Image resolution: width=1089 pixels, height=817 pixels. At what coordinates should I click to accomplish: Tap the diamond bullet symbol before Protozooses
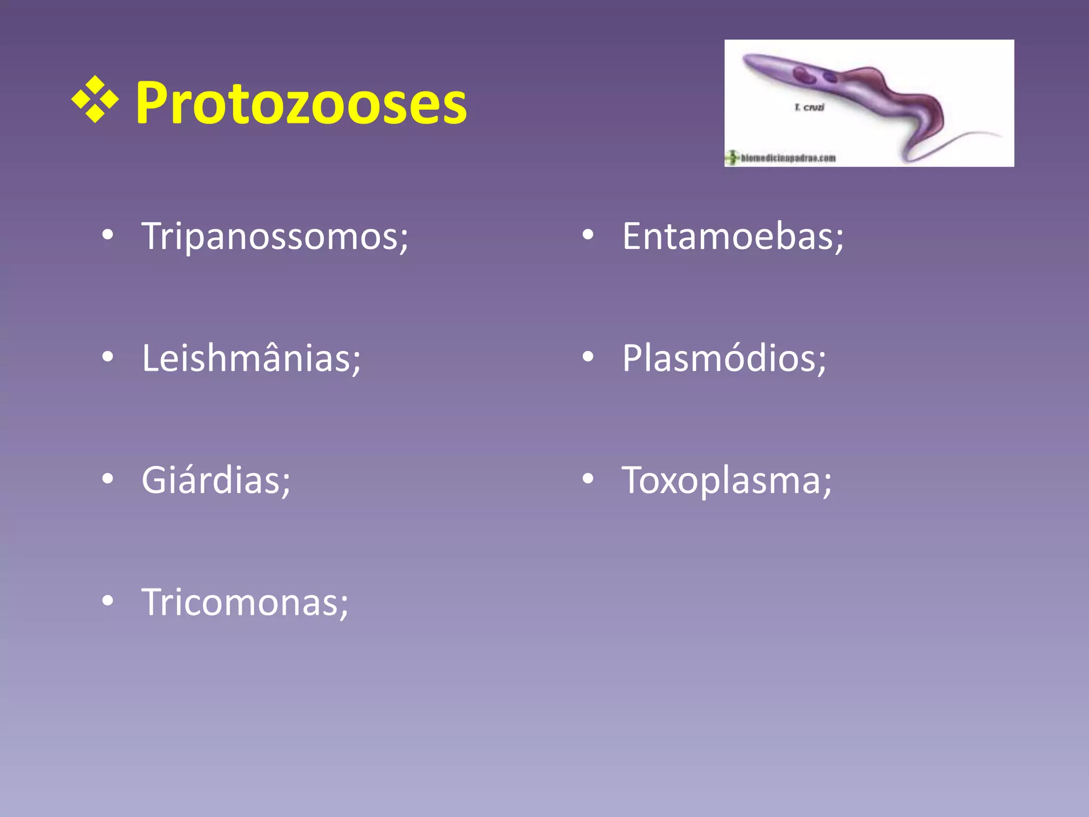(95, 100)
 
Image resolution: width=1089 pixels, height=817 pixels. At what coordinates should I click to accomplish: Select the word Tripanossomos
(274, 236)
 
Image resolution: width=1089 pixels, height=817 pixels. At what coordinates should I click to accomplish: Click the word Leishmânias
(251, 358)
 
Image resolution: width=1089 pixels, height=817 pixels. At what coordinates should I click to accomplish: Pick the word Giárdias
(215, 480)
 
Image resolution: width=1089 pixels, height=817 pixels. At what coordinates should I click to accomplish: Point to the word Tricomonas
(245, 602)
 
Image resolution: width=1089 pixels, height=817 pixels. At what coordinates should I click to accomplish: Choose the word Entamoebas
(732, 236)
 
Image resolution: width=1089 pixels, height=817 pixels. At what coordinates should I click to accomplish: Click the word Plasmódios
(724, 358)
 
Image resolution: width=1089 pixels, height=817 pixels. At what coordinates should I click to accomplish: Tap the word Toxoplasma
(726, 480)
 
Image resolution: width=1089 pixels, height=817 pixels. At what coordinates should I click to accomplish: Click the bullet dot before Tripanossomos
(108, 236)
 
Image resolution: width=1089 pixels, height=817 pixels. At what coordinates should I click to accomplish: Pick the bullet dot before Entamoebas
(588, 236)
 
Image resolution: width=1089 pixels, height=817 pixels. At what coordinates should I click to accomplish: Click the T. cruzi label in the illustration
(809, 107)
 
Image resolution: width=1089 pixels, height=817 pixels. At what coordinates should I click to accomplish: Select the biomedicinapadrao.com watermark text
(788, 158)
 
